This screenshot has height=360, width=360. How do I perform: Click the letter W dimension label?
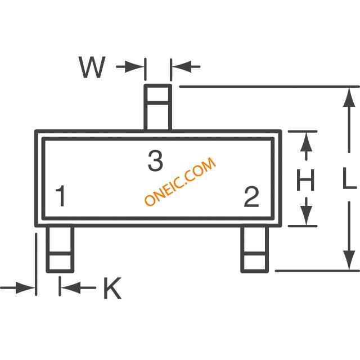click(92, 67)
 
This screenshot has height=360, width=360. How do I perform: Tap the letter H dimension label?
click(305, 181)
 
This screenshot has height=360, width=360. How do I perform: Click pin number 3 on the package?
click(155, 161)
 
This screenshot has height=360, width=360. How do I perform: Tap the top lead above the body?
click(157, 107)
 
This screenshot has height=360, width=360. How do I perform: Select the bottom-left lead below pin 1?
click(60, 249)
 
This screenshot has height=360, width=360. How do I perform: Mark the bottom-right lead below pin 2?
click(254, 249)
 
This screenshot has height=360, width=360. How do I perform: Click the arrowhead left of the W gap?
click(138, 67)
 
